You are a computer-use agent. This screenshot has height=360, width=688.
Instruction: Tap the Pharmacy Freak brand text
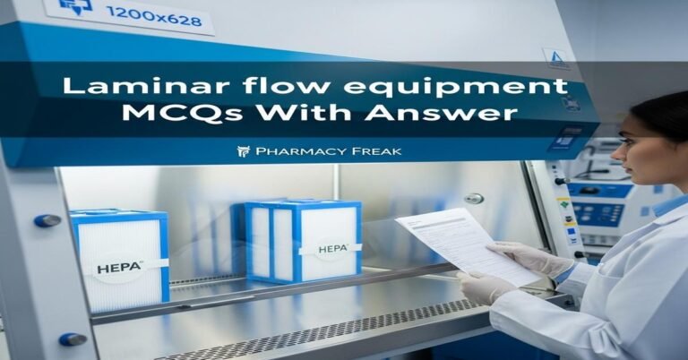(328, 151)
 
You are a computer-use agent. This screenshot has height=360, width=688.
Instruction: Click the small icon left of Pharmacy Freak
(243, 151)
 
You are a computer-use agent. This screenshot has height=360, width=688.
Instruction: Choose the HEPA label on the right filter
(329, 248)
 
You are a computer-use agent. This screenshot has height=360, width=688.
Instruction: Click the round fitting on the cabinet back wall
(473, 199)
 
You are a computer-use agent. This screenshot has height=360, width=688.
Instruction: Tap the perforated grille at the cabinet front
(296, 338)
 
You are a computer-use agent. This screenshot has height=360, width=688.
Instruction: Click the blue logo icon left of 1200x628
(74, 7)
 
